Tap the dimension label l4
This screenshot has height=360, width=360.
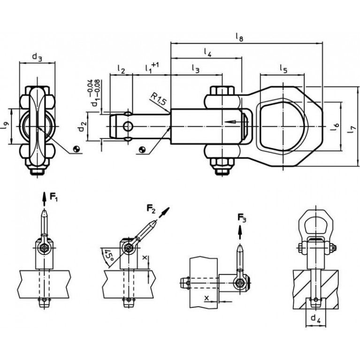click(207, 52)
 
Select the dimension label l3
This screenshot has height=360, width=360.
click(195, 69)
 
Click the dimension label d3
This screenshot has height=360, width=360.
click(38, 57)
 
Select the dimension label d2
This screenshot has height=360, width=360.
click(83, 126)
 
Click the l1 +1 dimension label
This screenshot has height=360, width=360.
click(151, 69)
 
